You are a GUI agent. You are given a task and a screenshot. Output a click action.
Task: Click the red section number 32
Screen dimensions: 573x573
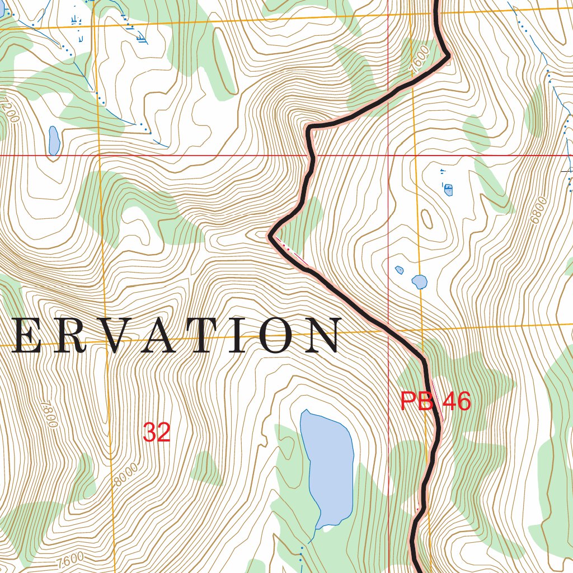tap(156, 432)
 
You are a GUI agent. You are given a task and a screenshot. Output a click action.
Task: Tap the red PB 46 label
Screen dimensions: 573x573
tap(435, 402)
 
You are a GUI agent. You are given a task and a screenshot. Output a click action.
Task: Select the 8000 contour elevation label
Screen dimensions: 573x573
tap(124, 475)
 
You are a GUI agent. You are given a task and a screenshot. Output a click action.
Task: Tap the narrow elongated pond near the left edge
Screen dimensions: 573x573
tap(54, 140)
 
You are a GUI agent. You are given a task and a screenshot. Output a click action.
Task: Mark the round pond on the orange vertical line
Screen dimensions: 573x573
tap(419, 281)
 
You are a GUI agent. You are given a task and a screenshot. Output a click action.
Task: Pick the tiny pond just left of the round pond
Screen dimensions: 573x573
tap(400, 270)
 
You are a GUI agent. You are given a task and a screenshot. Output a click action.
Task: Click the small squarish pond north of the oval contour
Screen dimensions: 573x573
tap(448, 190)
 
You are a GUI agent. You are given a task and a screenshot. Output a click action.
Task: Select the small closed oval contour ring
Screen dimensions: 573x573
tap(426, 219)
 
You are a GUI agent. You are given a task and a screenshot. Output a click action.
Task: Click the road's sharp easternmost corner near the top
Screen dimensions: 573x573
tap(449, 56)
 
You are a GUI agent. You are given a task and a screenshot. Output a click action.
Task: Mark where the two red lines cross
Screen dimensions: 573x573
tap(388, 155)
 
